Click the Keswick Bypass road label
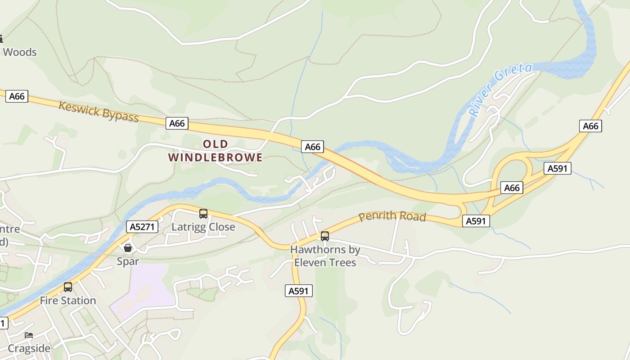pos(99,111)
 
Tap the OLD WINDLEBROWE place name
pos(215,151)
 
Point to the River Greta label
pos(500,90)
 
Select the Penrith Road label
pos(392,216)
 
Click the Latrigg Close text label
pos(203,227)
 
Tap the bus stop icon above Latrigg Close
pos(203,213)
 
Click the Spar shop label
pos(128,261)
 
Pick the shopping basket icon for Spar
pos(128,248)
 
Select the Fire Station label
pos(68,301)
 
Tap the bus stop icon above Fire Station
pos(68,287)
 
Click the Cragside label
pos(29,349)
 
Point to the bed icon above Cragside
pos(29,335)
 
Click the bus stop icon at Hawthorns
pos(324,236)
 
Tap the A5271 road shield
pos(142,227)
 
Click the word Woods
pos(20,52)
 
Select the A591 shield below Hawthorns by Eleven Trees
pos(299,291)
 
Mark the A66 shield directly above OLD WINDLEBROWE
pos(177,123)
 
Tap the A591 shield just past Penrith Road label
pos(476,221)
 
